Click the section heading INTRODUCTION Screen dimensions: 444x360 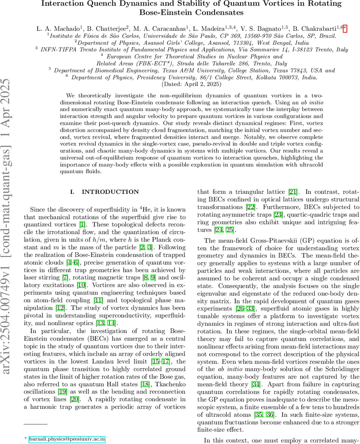(110, 192)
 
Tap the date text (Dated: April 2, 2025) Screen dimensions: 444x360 (191, 84)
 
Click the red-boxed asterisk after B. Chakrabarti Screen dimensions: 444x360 (345, 28)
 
